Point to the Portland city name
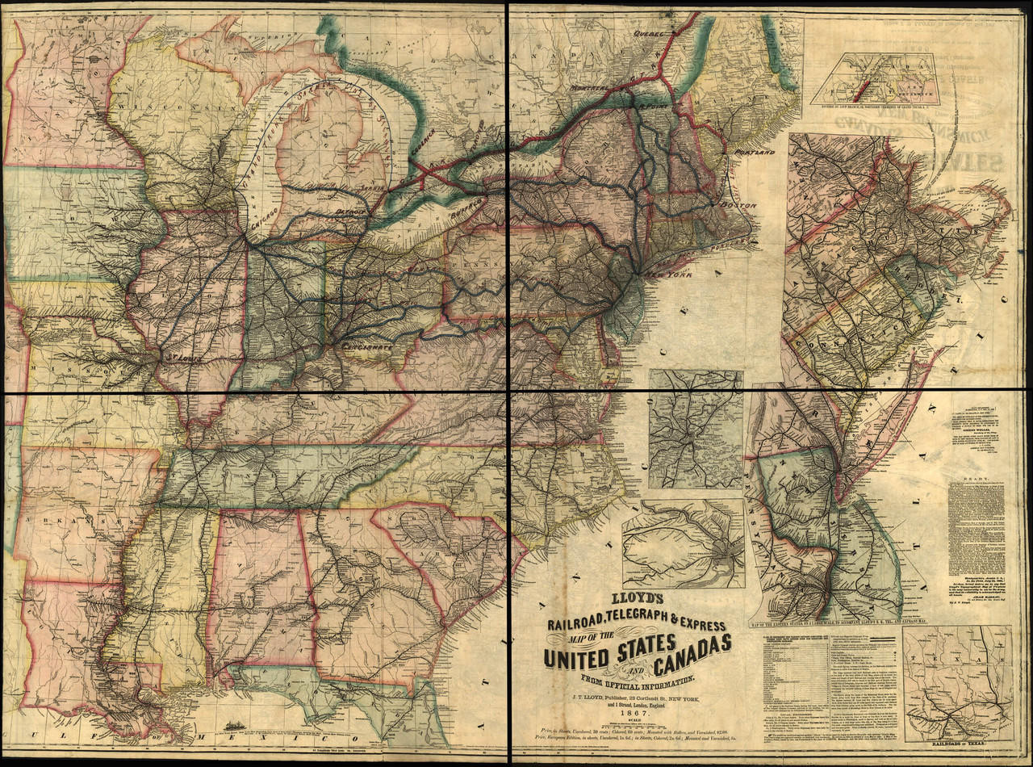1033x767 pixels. coord(754,152)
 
